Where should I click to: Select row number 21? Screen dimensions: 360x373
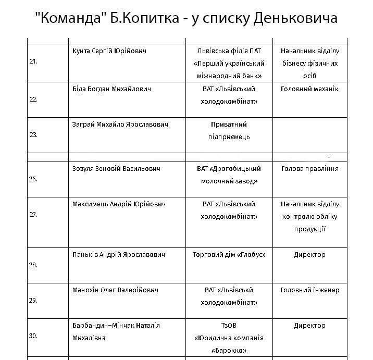(33, 61)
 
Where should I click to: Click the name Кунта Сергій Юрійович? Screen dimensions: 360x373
(109, 51)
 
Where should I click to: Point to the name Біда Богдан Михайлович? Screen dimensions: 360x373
(111, 89)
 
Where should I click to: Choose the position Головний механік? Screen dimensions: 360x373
(309, 89)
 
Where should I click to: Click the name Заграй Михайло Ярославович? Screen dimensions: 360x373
(120, 125)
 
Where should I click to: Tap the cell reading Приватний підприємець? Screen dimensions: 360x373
(229, 131)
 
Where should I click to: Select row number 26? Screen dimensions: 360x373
(33, 179)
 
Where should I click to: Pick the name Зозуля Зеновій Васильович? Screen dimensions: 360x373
(116, 169)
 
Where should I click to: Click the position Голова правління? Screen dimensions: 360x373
(309, 169)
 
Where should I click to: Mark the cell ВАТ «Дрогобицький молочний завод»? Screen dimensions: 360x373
(229, 175)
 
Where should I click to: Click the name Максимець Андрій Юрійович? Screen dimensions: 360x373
(119, 204)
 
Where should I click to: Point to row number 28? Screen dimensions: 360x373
(33, 265)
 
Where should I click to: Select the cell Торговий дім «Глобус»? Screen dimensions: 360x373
(229, 255)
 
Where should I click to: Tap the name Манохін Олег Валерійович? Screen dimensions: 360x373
(115, 290)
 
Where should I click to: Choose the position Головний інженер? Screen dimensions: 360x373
(309, 290)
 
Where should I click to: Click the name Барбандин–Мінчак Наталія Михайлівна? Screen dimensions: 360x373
(116, 331)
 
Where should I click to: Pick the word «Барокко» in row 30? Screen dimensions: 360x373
(229, 350)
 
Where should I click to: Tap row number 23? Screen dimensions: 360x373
(33, 134)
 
